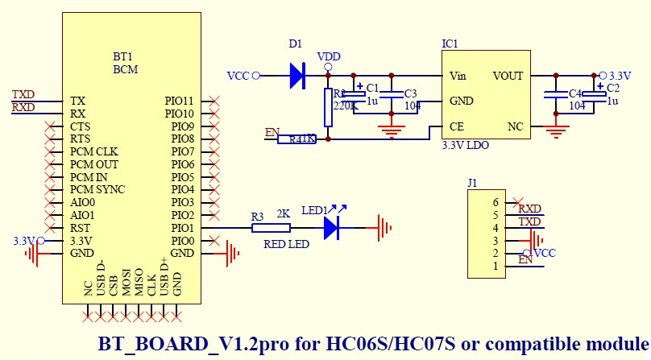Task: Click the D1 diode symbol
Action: (297, 76)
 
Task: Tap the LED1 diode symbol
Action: (331, 228)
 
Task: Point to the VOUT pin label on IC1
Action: (508, 76)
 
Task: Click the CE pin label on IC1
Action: (456, 127)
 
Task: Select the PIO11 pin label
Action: (180, 101)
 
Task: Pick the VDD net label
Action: (328, 56)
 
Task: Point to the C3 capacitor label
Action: (411, 93)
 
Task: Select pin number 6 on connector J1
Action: (496, 202)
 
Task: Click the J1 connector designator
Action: (473, 183)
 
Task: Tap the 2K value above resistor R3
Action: (283, 215)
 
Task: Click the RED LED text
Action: (286, 244)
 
